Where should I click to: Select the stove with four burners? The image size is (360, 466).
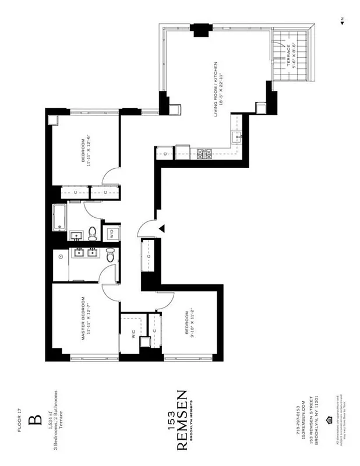pos(205,154)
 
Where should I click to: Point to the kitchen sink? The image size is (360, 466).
pos(237,137)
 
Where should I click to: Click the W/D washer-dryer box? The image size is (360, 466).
pos(110,234)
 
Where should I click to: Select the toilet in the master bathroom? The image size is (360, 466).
pos(110,254)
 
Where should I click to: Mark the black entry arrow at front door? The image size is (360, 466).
pos(163,228)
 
